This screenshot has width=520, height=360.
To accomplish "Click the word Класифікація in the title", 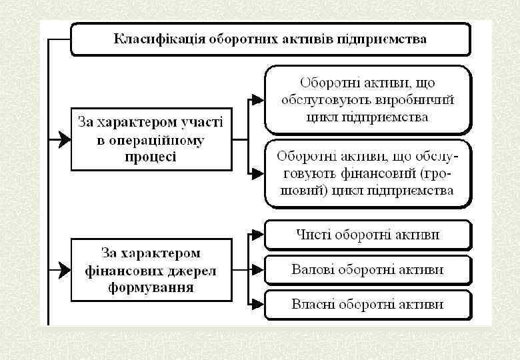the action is coord(159,39).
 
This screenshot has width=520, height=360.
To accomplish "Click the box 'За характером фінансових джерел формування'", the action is coord(150,271).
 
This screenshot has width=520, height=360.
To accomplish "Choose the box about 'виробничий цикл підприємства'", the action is coord(368,100).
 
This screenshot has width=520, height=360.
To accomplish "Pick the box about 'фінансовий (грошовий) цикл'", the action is coord(368,173).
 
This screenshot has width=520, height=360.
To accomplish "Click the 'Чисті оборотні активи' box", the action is coord(368,235).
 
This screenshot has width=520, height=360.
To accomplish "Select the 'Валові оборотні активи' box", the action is coord(368,270).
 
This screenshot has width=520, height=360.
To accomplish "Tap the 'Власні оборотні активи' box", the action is coord(368,305).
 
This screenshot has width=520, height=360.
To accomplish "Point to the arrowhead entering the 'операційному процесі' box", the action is coord(64,139).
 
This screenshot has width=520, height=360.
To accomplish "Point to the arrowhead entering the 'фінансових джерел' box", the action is coord(64,270).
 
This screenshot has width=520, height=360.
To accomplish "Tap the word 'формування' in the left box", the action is coord(150,288).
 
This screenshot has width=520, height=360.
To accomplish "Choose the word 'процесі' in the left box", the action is coord(150,157).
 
